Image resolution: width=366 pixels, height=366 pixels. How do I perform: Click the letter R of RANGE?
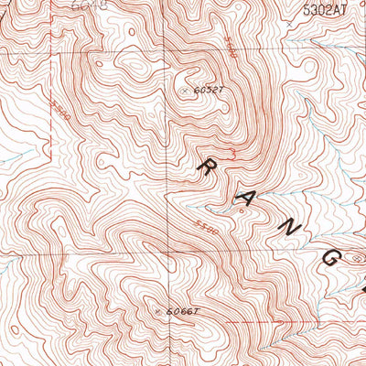pos(208,167)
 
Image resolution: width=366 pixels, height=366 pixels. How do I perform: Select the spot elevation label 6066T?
pos(179,313)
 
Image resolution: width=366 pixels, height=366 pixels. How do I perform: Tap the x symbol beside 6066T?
pos(159,313)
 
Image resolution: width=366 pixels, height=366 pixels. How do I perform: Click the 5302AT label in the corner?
pos(327,11)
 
